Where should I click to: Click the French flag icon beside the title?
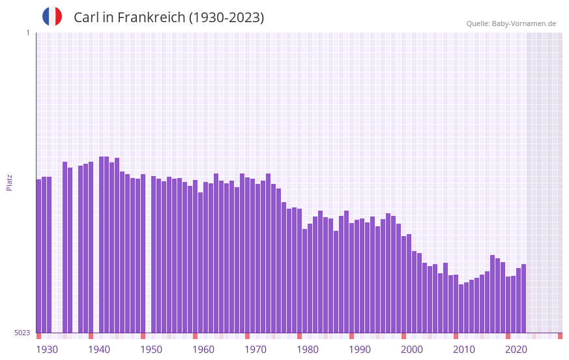pos(52,16)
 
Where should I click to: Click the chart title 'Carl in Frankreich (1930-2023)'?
pos(169,18)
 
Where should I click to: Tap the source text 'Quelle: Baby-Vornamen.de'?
pos(511,23)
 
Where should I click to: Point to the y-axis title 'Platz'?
pos(9,182)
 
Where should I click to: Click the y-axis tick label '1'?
pos(27,33)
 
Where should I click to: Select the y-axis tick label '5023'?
pos(22,333)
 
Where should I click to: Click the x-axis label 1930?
pos(47,350)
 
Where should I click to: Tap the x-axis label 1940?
pos(99,350)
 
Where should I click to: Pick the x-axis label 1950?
pos(151,350)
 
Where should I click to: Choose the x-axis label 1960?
pos(203,350)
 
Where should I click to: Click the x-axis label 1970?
pos(255,350)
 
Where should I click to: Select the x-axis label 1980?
pos(308,350)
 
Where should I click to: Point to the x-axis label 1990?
pos(360,350)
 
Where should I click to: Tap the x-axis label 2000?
pos(412,350)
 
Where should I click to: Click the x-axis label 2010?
pos(464,350)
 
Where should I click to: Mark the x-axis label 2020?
pos(516,350)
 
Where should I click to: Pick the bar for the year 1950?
pos(153,254)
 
